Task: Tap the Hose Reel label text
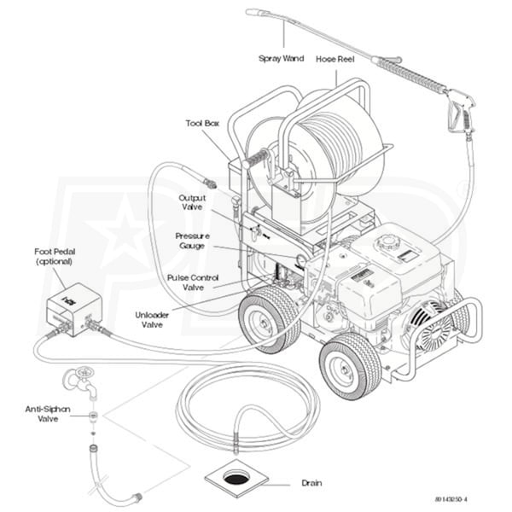click(x=335, y=59)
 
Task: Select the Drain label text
click(x=311, y=483)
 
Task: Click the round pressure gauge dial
click(x=300, y=259)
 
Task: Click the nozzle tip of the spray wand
click(x=253, y=13)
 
